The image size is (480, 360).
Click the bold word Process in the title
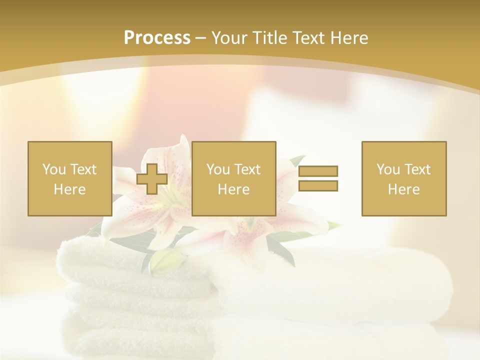click(157, 38)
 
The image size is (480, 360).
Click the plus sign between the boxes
click(152, 179)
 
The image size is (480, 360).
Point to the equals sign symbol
click(318, 178)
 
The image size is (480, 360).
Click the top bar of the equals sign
click(318, 171)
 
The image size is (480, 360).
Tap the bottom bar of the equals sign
click(318, 185)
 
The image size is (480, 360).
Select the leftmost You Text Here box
click(69, 178)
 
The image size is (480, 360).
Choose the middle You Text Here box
click(233, 178)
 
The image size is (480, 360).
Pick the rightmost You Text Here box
click(403, 178)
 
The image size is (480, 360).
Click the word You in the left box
click(52, 169)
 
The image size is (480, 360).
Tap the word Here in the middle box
click(233, 189)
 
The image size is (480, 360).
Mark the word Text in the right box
click(417, 169)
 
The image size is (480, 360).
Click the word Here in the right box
click(403, 189)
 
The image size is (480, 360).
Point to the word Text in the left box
click(83, 169)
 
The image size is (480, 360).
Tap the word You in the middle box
click(217, 169)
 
